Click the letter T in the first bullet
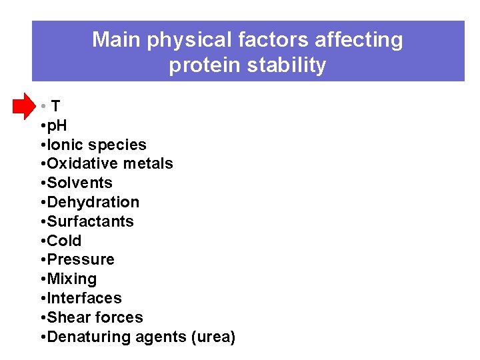coord(56,106)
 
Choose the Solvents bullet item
coord(79,183)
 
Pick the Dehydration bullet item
coord(93,202)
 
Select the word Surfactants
coord(90,221)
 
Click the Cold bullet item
coord(64,241)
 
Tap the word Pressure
coord(81,260)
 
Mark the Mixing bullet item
coord(71,279)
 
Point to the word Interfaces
coord(84,299)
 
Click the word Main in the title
coord(117,40)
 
